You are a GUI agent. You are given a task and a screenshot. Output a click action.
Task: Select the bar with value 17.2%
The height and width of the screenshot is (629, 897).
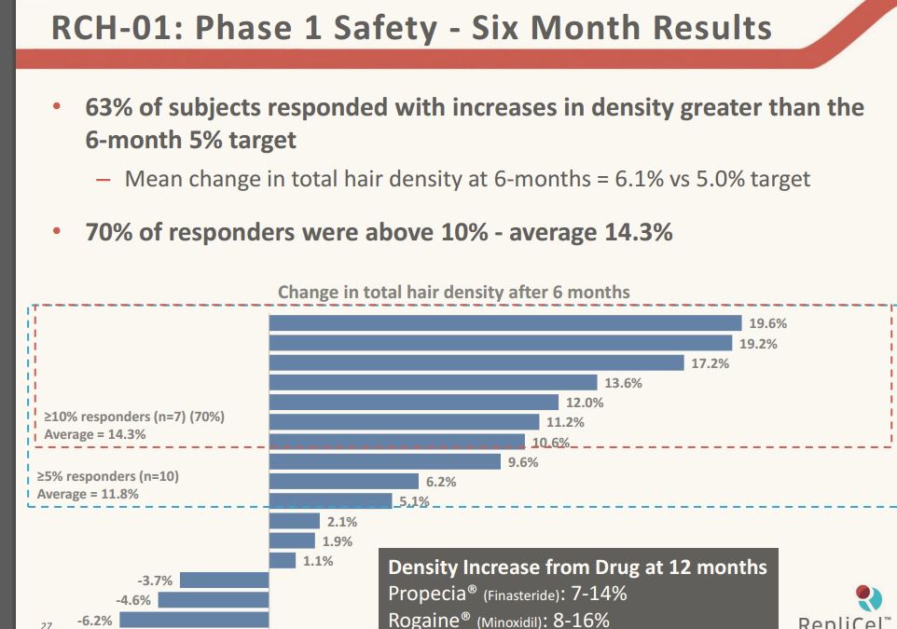coord(476,362)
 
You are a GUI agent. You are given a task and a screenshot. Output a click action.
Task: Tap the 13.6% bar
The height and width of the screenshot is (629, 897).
coord(433,382)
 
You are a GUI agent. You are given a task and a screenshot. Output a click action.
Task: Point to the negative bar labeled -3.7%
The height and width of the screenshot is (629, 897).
coord(224,581)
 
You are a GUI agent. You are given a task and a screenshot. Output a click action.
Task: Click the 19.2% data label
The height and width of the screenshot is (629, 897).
coord(758,343)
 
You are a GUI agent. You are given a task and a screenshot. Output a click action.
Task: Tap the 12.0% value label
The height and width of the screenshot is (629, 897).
coord(585,403)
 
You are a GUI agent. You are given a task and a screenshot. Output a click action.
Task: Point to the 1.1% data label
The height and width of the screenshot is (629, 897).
coord(318,561)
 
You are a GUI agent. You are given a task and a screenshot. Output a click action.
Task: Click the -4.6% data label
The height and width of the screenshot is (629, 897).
coord(132,600)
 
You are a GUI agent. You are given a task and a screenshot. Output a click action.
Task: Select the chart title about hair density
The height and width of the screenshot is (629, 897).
coord(453,292)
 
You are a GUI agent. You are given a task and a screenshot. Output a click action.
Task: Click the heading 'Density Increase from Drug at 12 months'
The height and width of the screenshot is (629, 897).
coord(577,567)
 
